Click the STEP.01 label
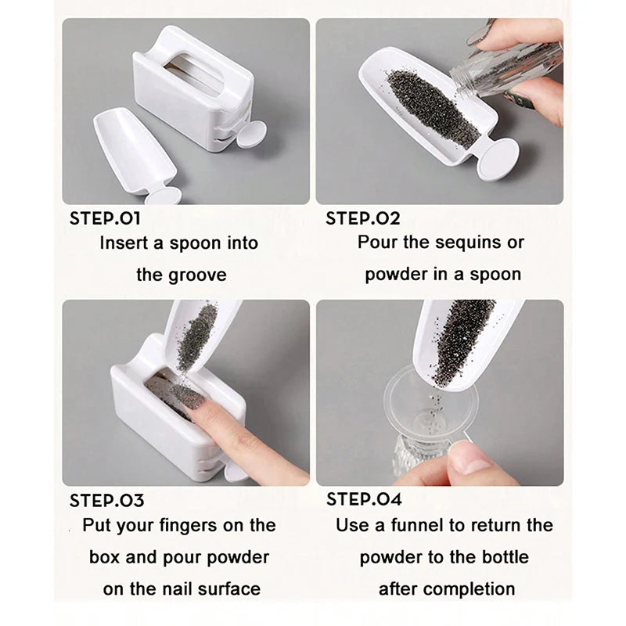pos(105,218)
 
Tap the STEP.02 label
pos(362,218)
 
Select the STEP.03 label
pos(106,500)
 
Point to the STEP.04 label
pos(364,499)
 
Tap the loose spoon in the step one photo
pos(129,149)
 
